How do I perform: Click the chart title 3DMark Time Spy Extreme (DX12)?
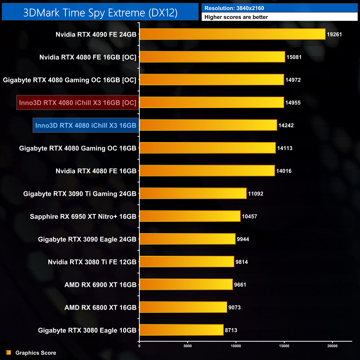tap(100, 13)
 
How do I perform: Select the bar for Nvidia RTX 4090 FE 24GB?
tap(232, 34)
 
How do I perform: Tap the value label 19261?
tap(334, 35)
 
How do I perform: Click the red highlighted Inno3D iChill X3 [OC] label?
tap(78, 103)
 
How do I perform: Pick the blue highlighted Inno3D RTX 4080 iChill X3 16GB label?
tap(86, 125)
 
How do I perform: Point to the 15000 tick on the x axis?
tap(284, 346)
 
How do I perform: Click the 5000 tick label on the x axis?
tap(187, 346)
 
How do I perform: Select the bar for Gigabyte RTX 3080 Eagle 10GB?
tap(181, 330)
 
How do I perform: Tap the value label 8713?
tap(231, 330)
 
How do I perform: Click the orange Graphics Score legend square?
tap(9, 353)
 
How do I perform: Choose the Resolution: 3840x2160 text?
tap(234, 8)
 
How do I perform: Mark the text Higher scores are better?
tap(236, 17)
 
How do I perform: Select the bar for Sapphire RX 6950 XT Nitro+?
tap(190, 216)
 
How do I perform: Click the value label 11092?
tap(256, 194)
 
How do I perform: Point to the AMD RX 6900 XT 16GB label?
tap(101, 285)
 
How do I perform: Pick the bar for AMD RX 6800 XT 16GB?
tap(183, 307)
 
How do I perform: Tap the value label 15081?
tap(294, 57)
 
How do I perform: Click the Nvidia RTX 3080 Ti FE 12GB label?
tap(92, 262)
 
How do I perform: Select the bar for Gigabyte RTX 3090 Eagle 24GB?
tap(187, 239)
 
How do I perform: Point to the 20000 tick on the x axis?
tap(332, 346)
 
